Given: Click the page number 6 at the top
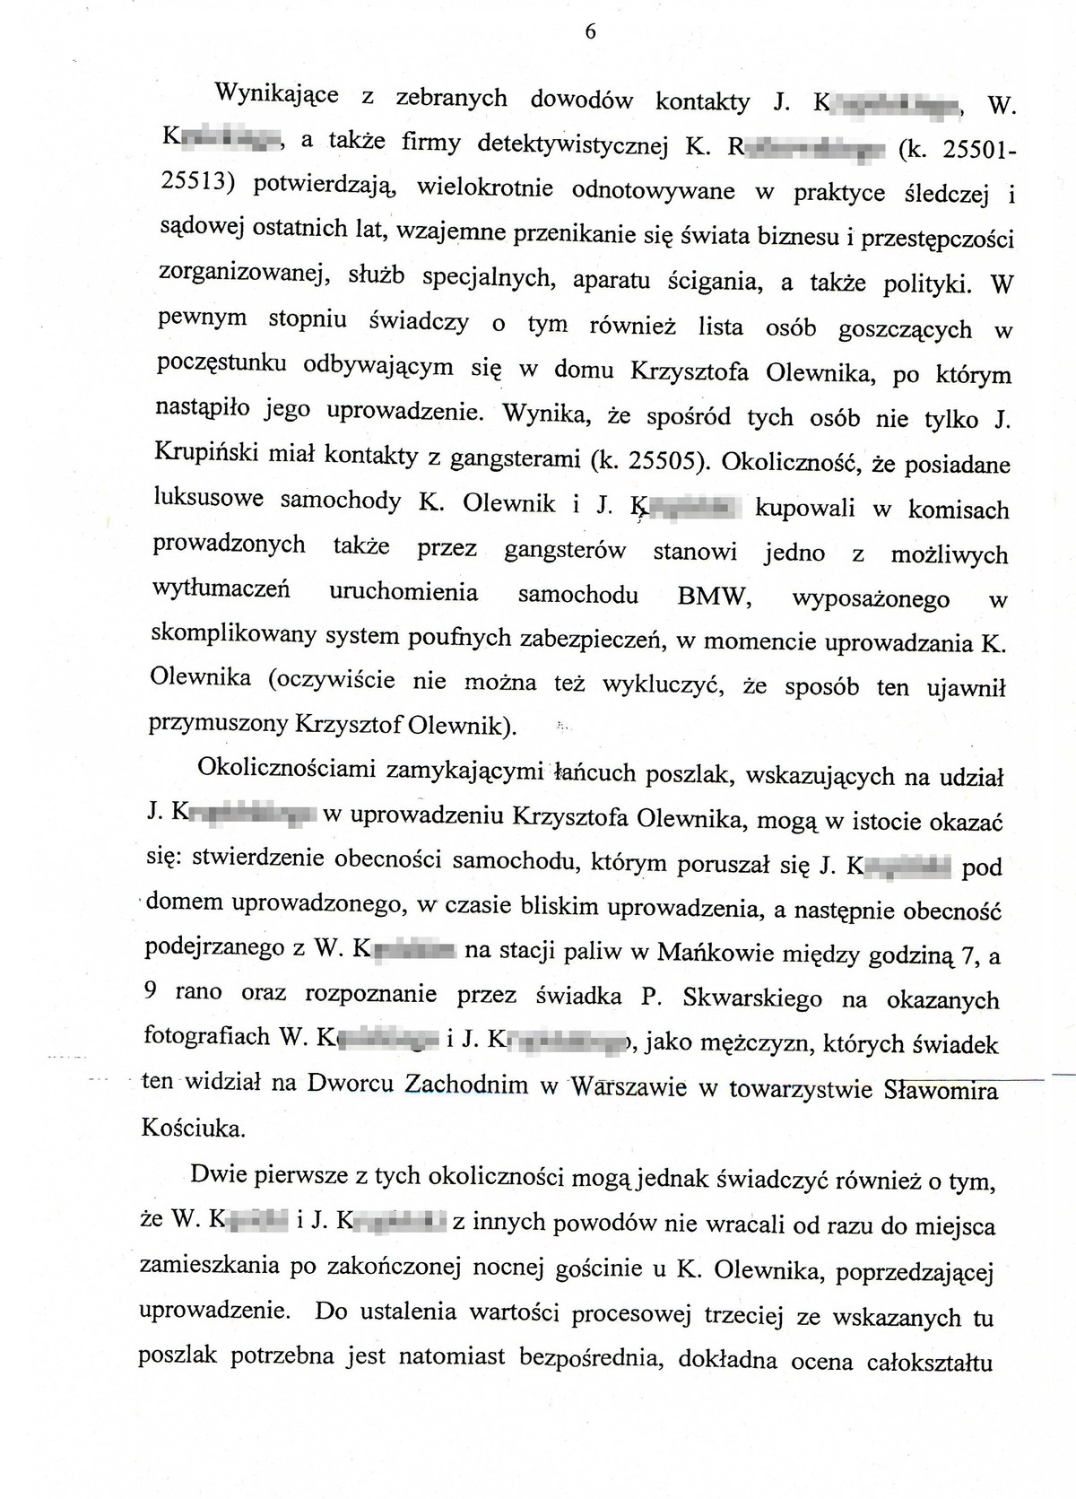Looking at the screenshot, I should (x=590, y=31).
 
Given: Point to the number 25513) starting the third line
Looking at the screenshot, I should (x=196, y=182).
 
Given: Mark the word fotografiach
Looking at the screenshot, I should (x=206, y=1036).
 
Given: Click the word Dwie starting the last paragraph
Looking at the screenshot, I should (x=218, y=1175).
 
